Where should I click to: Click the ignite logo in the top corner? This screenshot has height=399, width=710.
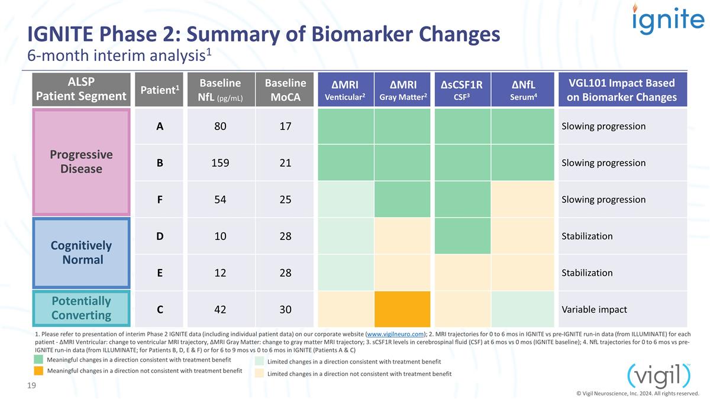668,19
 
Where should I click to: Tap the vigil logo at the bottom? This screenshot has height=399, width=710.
659,377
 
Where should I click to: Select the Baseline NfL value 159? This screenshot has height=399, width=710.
220,163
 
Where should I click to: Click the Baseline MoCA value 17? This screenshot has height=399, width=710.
285,126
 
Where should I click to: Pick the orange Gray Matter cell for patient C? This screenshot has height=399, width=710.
402,309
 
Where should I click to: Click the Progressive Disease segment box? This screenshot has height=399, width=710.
81,162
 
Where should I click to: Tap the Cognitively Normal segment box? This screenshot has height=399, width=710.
81,253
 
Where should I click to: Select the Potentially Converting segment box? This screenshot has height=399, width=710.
81,308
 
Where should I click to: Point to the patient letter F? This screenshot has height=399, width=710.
160,200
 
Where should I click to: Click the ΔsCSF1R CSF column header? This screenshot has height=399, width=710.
462,90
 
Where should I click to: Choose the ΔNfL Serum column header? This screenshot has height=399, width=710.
523,90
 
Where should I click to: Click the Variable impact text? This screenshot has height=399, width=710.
594,309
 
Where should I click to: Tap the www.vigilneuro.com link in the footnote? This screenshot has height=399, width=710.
395,334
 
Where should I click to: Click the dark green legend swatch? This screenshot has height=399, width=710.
38,359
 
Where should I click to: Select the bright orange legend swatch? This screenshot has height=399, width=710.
38,371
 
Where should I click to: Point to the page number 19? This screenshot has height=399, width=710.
31,385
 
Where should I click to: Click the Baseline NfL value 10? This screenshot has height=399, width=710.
220,236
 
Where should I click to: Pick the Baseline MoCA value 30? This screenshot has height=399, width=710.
285,309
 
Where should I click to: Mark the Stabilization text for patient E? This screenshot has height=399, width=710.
587,273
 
